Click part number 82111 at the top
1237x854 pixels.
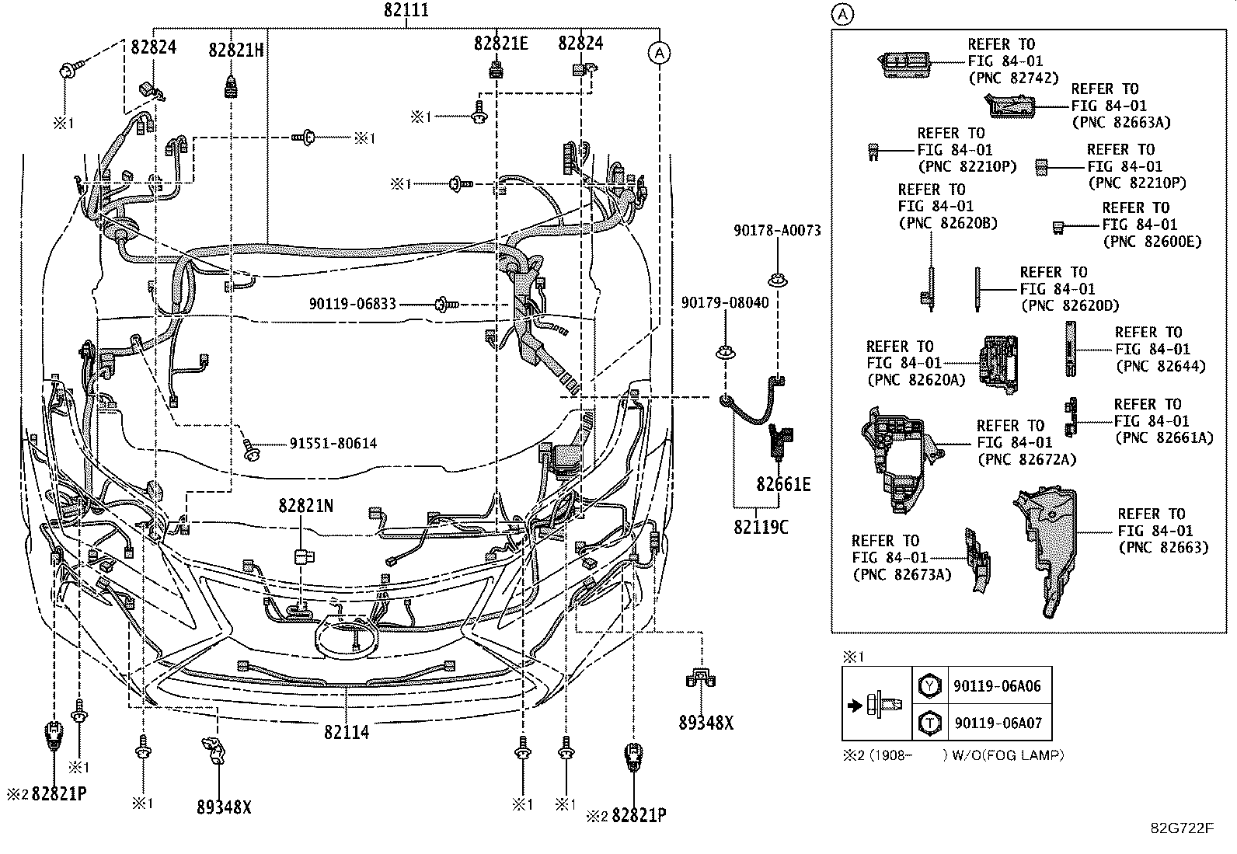(x=406, y=11)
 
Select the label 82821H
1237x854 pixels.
(x=235, y=50)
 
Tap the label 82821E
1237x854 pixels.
(x=500, y=44)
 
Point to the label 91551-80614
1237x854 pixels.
(x=333, y=444)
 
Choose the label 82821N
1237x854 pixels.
(x=306, y=506)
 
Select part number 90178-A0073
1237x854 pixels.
(x=777, y=231)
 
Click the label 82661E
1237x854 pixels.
(x=783, y=485)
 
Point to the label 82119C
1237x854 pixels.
(x=761, y=527)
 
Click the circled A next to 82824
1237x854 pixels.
(x=658, y=52)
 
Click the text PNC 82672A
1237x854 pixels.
(x=1026, y=459)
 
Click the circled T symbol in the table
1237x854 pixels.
(x=929, y=723)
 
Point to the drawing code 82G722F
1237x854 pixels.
(x=1182, y=828)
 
